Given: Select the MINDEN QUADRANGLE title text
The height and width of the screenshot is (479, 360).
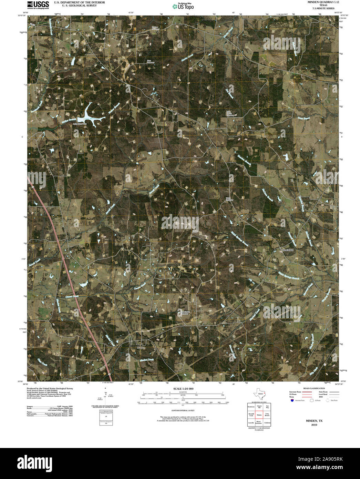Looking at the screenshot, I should (318, 2).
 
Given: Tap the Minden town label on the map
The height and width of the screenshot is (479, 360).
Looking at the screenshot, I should (141, 348).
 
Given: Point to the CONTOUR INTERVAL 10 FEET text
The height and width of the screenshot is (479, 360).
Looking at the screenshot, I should (183, 410).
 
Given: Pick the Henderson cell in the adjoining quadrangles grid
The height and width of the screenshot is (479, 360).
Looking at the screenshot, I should (251, 407).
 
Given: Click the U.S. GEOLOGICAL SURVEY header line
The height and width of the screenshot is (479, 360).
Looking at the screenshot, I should (74, 6).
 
